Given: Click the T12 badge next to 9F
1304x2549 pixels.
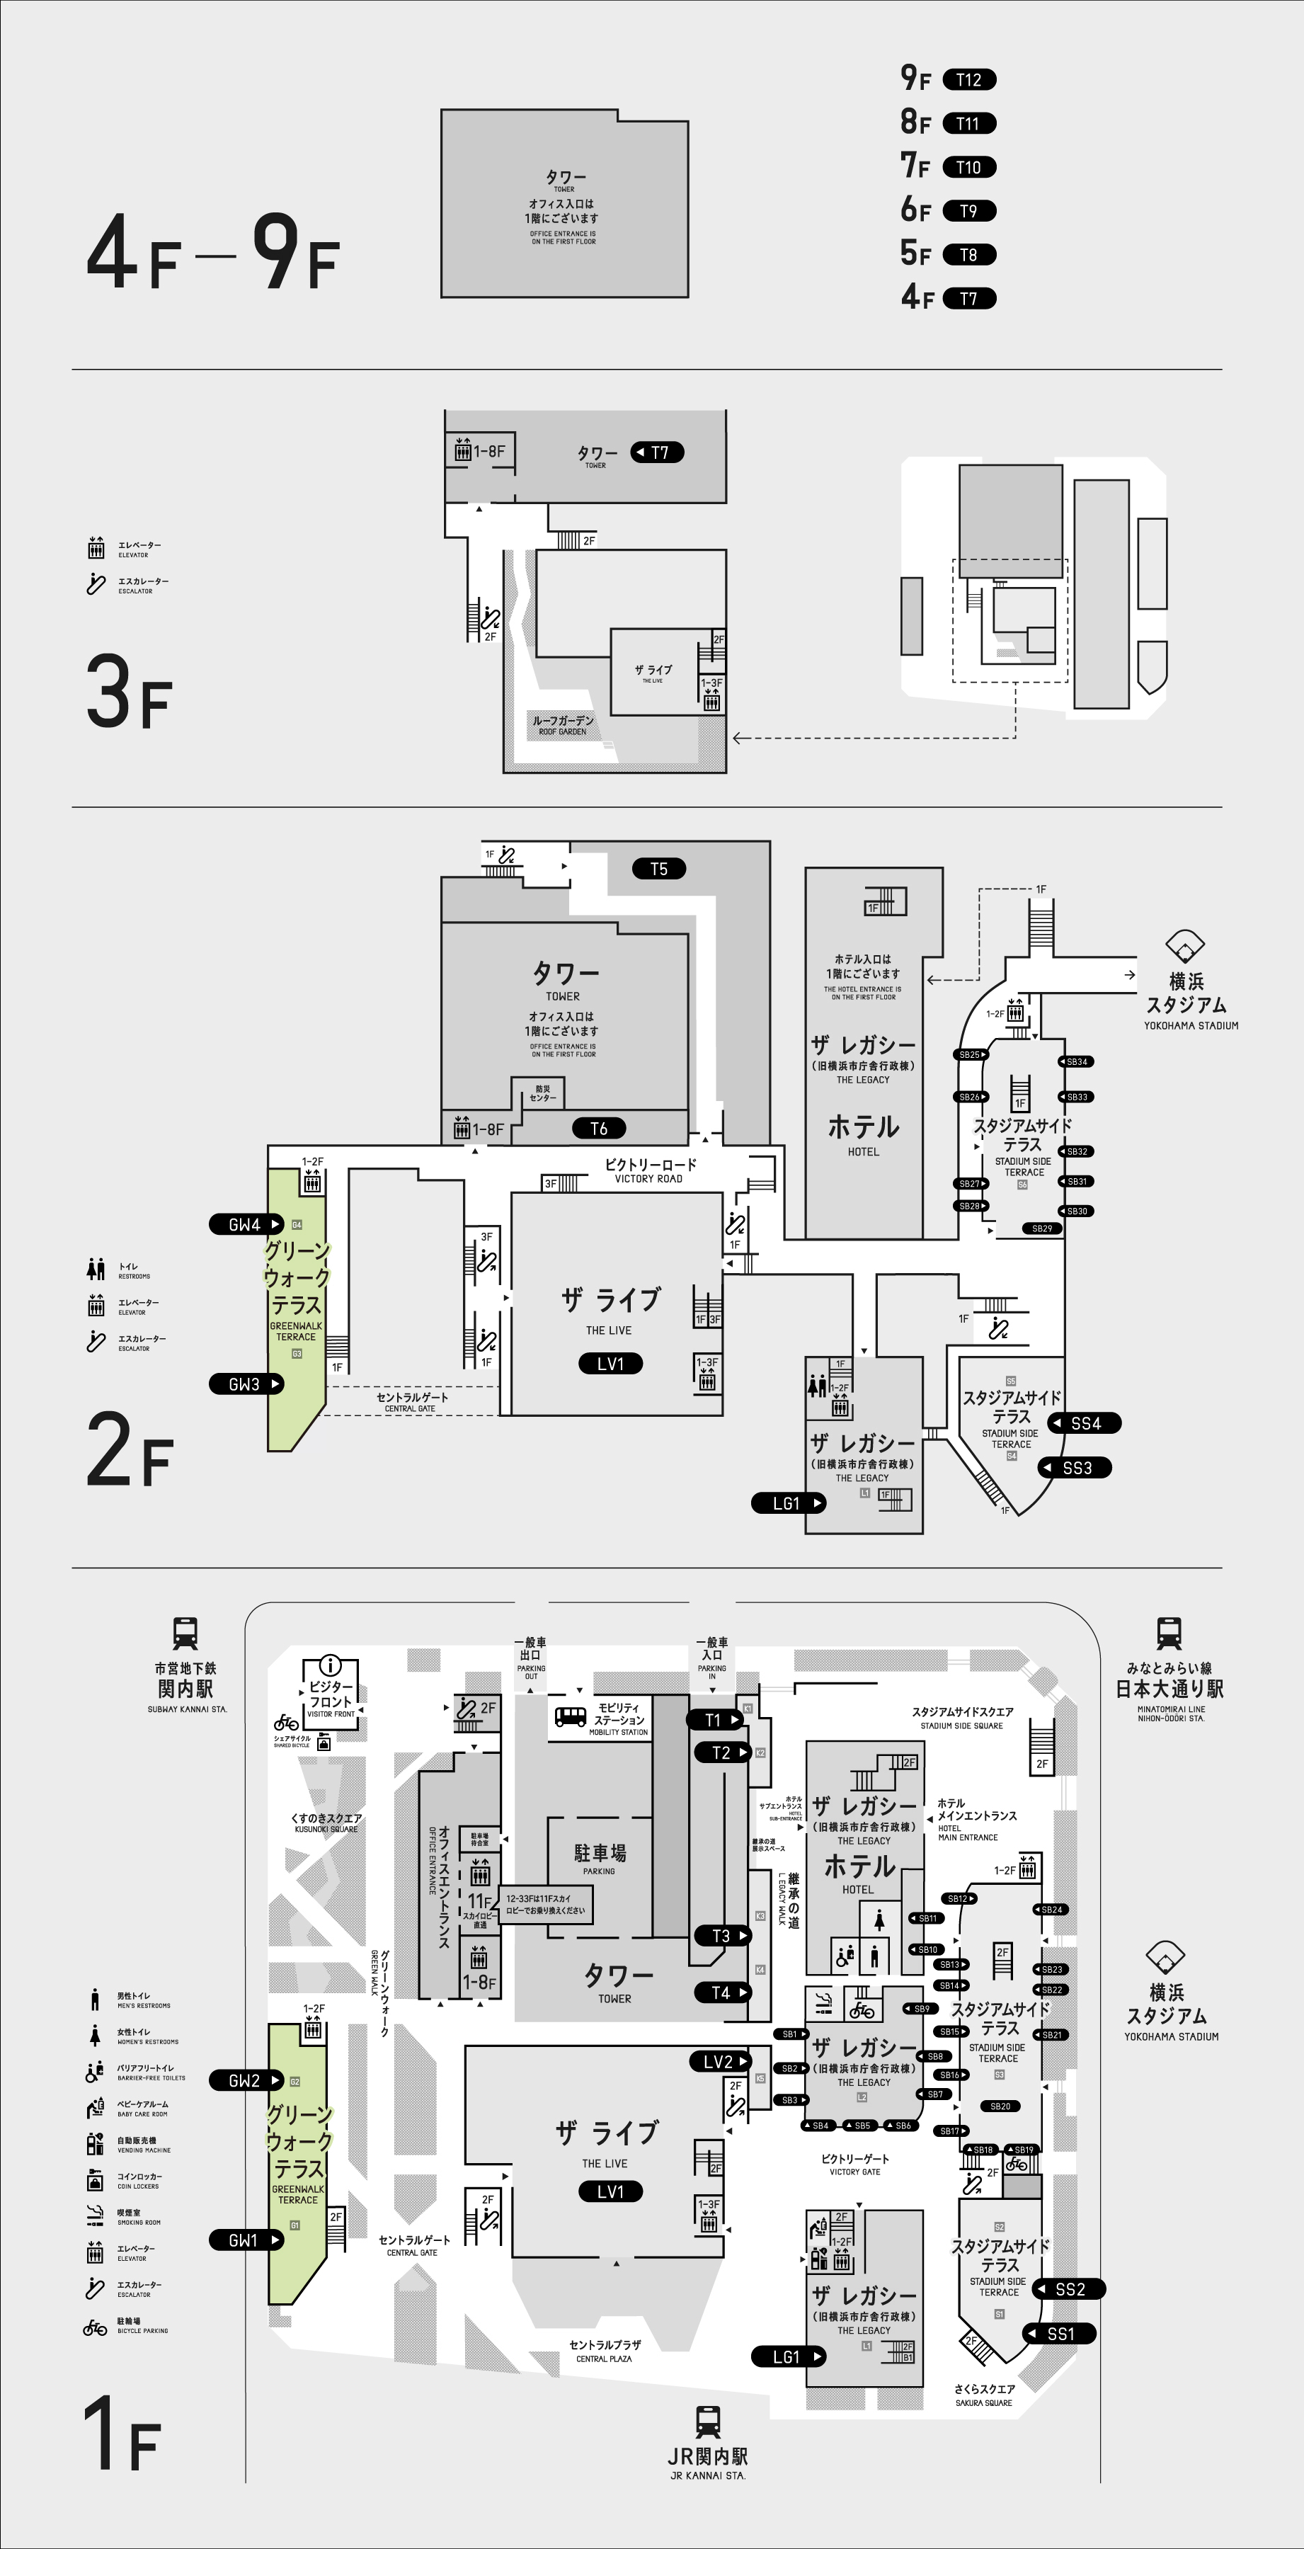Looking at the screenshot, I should click(968, 80).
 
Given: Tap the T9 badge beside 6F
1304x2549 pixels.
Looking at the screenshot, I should click(968, 211).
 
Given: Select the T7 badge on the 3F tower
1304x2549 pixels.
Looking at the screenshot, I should click(658, 452).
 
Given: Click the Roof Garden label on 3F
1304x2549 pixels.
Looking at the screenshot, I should click(563, 724).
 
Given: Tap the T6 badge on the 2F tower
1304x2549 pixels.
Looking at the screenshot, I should click(599, 1128).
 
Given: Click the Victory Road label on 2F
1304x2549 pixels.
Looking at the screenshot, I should click(650, 1170).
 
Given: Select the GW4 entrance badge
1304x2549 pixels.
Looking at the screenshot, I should click(246, 1224).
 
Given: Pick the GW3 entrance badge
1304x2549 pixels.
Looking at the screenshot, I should click(246, 1384).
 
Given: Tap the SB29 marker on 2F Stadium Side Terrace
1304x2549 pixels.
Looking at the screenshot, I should click(1042, 1228).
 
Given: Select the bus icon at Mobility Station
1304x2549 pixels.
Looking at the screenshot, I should click(570, 1717).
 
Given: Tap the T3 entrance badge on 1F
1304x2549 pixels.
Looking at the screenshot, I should click(721, 1936).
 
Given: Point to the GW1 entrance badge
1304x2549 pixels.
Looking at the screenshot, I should click(244, 2240).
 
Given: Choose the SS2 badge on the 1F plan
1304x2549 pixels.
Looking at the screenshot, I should click(1070, 2288).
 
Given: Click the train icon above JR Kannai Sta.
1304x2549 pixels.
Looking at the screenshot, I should click(707, 2422).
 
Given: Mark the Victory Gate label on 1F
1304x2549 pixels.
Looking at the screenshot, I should click(855, 2164).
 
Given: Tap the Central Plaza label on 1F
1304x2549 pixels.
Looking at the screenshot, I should click(605, 2350).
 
